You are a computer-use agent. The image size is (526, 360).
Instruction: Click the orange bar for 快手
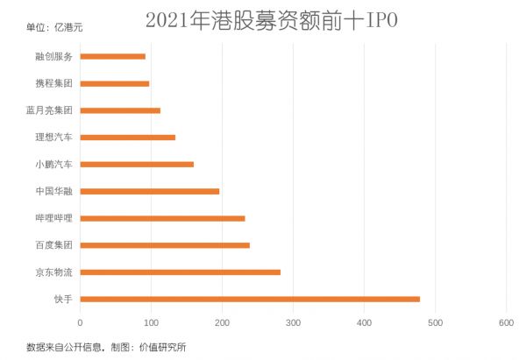250,299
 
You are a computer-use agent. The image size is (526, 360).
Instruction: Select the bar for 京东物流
181,272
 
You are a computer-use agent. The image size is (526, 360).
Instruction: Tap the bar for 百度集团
165,245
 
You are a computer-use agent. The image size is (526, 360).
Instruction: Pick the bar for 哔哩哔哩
163,218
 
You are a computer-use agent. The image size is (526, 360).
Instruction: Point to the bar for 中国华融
150,191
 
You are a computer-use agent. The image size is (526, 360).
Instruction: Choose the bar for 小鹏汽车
137,164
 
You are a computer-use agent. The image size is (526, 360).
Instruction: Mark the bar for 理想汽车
128,138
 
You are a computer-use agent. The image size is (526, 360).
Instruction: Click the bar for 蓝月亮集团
120,110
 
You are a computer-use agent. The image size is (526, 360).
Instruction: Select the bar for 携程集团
115,83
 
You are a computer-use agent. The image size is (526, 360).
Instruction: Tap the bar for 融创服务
113,56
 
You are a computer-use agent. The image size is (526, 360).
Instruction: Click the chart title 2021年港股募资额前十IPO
271,19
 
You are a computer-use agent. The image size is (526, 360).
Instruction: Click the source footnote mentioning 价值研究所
106,347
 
